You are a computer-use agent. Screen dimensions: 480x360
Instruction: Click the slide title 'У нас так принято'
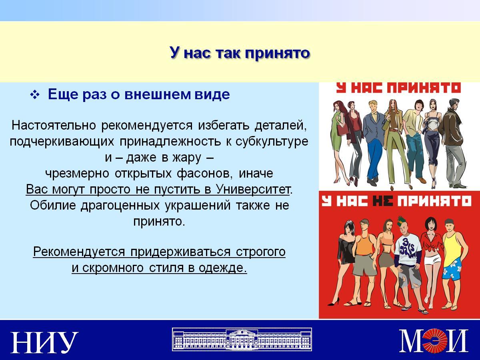(240, 53)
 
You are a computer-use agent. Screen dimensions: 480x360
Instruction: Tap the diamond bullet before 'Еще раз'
(34, 95)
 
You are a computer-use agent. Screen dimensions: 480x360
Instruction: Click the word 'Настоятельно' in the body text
(54, 126)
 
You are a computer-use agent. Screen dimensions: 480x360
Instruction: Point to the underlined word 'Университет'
(253, 189)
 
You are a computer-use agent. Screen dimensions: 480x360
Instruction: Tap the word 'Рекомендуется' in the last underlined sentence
(79, 252)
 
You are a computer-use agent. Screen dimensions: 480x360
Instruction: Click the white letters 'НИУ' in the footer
(44, 342)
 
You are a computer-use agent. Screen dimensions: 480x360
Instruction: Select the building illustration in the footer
(242, 339)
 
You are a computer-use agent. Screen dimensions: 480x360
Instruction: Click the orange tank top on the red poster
(364, 244)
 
